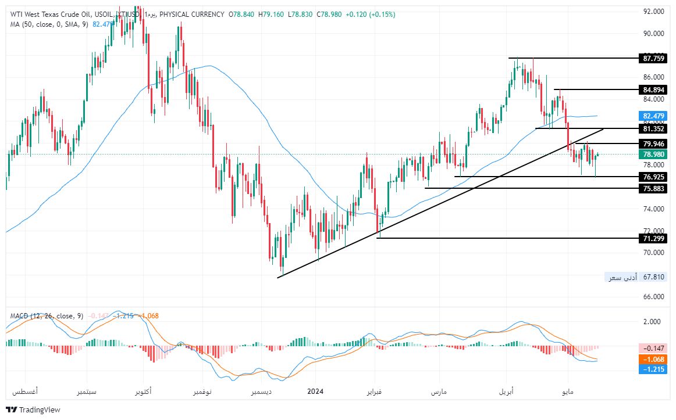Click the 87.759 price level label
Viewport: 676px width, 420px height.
coord(652,58)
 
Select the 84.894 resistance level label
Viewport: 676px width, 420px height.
coord(652,89)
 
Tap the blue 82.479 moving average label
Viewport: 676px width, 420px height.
coord(652,116)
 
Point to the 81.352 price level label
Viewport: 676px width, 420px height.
coord(652,128)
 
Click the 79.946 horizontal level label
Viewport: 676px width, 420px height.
coord(652,143)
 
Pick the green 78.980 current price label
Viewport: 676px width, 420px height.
coord(652,155)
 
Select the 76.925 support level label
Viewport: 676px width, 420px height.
coord(652,177)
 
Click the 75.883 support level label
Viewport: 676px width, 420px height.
coord(652,188)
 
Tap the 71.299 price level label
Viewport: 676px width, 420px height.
coord(652,238)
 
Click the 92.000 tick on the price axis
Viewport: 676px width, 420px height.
coord(654,12)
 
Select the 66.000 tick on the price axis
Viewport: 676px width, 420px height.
coord(654,296)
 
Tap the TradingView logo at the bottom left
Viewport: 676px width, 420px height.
coord(33,410)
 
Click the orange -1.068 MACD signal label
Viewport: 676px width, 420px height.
coord(652,360)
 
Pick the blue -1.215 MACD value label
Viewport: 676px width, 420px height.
coord(652,369)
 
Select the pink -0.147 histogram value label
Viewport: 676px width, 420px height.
coord(652,348)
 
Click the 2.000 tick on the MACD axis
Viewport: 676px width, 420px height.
coord(654,321)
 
